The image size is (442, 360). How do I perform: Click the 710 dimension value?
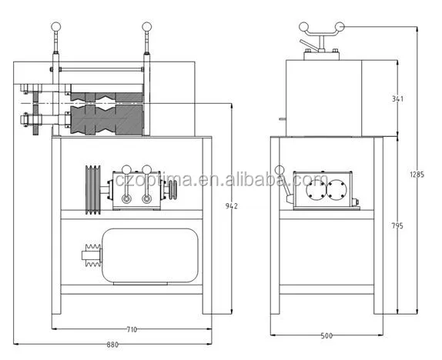tap(132, 329)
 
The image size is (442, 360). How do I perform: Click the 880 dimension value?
tap(112, 345)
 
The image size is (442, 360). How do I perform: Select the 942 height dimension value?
tap(232, 206)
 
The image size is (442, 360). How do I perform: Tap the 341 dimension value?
tap(397, 98)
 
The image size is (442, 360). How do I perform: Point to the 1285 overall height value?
tap(417, 175)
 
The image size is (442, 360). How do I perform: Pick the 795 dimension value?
tap(397, 225)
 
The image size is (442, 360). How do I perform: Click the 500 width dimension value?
tap(326, 335)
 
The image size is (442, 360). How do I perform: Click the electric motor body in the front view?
tap(150, 255)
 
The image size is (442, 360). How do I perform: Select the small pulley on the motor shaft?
tap(93, 255)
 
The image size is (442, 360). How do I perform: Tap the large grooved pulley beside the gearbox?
tap(92, 189)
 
